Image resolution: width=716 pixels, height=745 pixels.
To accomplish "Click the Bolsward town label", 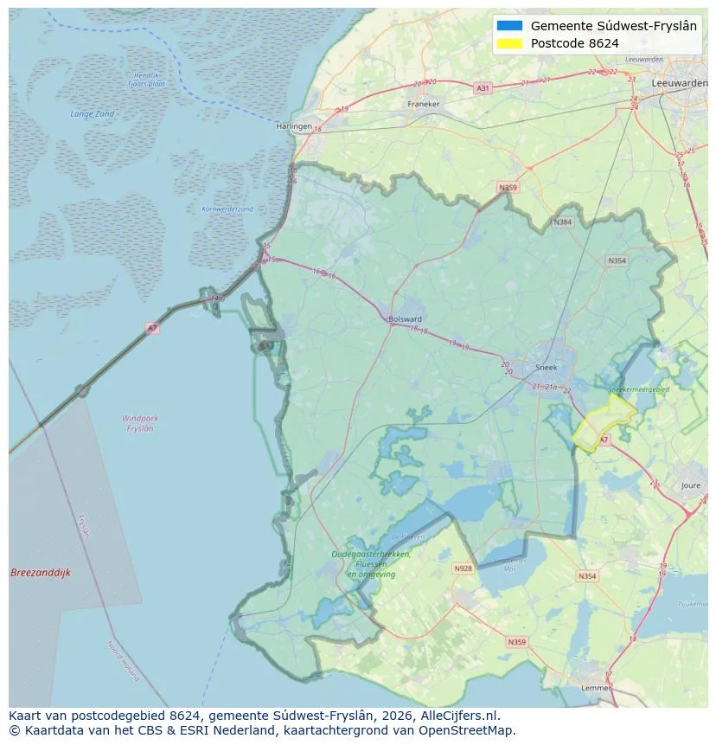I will (x=406, y=318).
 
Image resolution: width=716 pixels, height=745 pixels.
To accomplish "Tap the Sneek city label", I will (x=546, y=367).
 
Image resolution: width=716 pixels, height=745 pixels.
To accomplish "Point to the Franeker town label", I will (x=424, y=104).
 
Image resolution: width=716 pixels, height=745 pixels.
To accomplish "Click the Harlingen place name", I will (x=293, y=125).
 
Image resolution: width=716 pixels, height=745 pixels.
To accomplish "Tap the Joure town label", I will (x=691, y=485).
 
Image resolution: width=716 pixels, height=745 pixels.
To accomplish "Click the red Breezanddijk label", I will (x=40, y=573).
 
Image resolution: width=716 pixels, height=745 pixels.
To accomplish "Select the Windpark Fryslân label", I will (x=139, y=423).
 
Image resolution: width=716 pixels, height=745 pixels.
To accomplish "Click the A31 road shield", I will (x=483, y=88).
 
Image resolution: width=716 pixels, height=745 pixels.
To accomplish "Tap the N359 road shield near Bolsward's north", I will (x=508, y=187).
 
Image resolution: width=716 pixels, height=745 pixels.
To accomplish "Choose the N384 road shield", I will (x=563, y=222).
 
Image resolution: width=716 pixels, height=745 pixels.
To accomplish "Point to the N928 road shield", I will (x=463, y=568).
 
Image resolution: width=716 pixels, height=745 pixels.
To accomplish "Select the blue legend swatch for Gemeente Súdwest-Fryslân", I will (x=510, y=26).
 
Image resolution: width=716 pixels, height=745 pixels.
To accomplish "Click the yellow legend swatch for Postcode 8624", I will (x=510, y=43).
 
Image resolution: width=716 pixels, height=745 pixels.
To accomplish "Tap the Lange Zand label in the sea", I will (x=92, y=114).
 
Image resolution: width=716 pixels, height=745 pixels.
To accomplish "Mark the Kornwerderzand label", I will (x=227, y=209).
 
